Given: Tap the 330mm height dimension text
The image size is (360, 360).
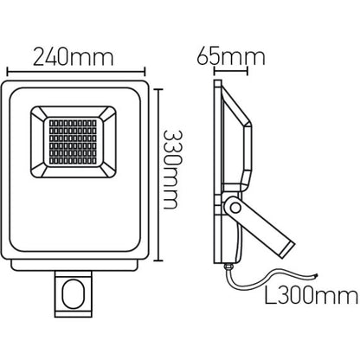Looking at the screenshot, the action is pos(173,170).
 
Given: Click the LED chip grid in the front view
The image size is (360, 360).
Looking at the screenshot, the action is pos(73,141).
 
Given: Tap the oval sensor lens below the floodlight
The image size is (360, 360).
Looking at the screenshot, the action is pos(73,293).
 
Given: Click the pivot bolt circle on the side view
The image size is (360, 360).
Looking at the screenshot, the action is pos(235,208).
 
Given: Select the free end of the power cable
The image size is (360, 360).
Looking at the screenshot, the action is pos(317,276).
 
